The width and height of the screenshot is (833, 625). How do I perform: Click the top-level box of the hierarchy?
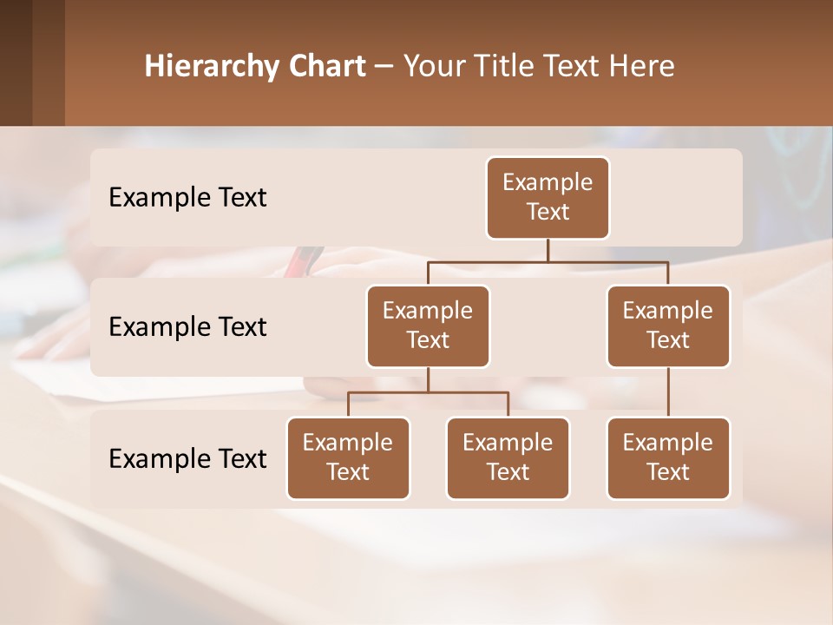tap(548, 197)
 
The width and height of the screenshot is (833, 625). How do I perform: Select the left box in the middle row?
tap(428, 326)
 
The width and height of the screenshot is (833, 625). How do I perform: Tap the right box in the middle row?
tap(668, 326)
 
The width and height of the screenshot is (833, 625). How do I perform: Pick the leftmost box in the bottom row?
tap(348, 457)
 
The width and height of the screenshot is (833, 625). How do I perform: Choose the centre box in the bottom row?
tap(508, 457)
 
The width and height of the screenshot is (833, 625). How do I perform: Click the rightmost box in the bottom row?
tap(668, 457)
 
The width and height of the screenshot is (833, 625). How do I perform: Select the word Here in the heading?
tap(642, 67)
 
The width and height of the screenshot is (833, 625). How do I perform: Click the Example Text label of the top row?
tap(187, 198)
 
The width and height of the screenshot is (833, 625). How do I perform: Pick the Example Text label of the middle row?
tap(187, 327)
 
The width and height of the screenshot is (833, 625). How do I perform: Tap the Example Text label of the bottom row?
tap(187, 458)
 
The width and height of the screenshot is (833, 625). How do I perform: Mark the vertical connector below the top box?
tap(548, 250)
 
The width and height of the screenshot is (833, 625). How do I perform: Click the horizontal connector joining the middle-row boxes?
tap(548, 261)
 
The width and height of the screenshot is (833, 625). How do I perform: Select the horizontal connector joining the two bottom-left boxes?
tap(428, 392)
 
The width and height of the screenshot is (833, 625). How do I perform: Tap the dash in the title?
tap(384, 67)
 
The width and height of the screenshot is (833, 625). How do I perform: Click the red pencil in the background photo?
tap(303, 260)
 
